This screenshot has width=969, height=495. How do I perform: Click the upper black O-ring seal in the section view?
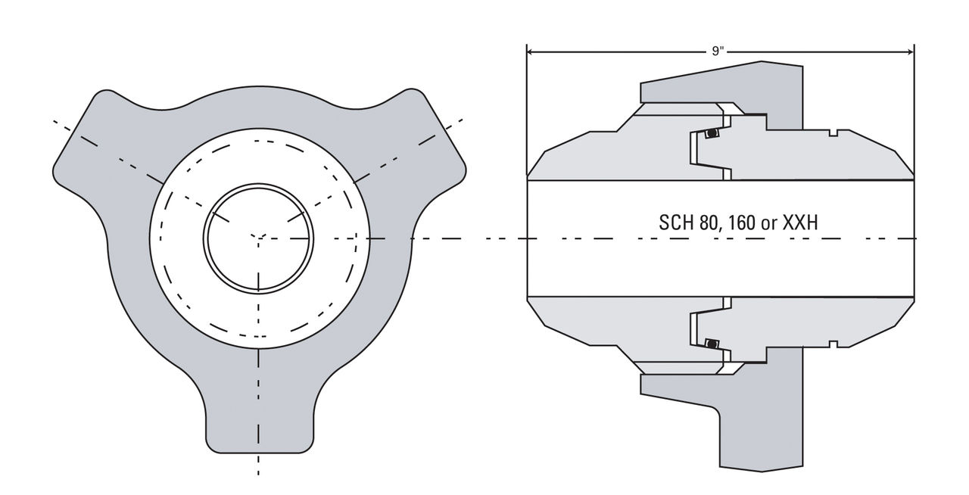click(x=711, y=134)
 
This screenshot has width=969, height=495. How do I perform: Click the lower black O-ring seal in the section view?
click(x=711, y=344)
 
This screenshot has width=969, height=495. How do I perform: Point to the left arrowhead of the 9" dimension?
click(x=531, y=52)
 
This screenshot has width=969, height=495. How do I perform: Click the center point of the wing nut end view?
click(x=259, y=238)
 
